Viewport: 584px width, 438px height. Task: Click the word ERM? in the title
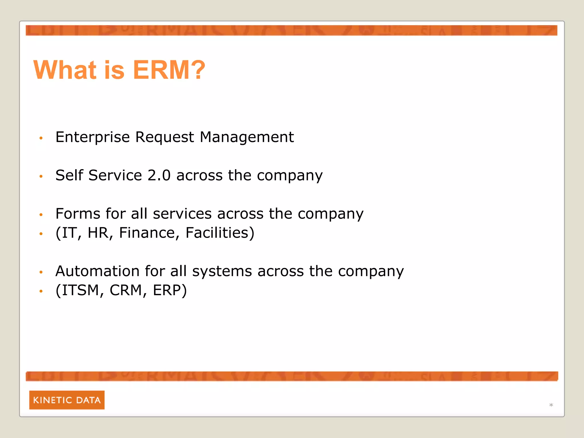[x=169, y=70]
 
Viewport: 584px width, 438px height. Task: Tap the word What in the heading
[x=65, y=70]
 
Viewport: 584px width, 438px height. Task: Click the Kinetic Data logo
[x=67, y=400]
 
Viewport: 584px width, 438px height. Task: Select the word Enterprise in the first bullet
[x=92, y=137]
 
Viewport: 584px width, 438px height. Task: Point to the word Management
[x=247, y=137]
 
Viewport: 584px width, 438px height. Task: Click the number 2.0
[x=159, y=175]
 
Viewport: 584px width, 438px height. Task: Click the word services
[x=182, y=214]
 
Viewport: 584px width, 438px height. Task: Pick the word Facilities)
[x=220, y=233]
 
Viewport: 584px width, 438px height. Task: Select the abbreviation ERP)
[x=170, y=290]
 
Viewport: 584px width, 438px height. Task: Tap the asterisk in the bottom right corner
[x=551, y=405]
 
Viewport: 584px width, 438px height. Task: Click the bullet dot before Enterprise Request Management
[x=41, y=138]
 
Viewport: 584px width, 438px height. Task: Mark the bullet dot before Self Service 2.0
[x=41, y=177]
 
